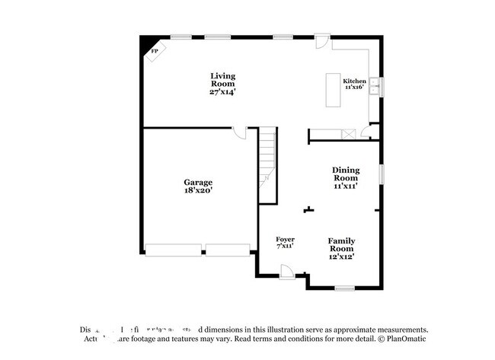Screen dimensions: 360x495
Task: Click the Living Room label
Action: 223,79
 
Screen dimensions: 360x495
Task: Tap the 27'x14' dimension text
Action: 223,92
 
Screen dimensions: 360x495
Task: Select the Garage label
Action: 198,183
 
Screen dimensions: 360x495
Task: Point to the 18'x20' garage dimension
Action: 198,192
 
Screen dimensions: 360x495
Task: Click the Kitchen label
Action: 354,81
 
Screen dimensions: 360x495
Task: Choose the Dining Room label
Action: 345,174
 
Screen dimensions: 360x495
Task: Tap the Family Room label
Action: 341,244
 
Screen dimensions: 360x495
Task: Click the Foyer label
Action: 285,240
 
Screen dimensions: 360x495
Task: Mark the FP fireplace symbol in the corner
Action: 155,51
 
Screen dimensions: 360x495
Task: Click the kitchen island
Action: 333,90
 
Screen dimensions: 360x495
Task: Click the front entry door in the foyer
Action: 288,272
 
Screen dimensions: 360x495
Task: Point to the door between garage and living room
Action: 240,133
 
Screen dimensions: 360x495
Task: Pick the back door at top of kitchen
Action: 322,42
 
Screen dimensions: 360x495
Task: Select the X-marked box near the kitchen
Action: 349,134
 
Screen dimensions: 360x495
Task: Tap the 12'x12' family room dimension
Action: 341,256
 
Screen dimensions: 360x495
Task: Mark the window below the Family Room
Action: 345,288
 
